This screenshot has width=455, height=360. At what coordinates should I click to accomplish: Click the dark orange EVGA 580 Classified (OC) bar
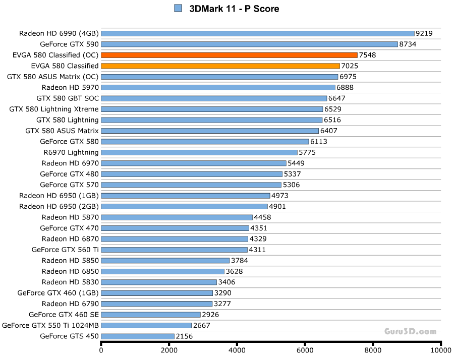pos(229,55)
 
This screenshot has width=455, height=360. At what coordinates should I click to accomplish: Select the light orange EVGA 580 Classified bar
pos(220,66)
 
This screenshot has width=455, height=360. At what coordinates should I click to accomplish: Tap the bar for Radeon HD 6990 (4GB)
pos(257,33)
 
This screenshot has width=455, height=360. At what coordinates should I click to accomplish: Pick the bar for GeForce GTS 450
pos(138,336)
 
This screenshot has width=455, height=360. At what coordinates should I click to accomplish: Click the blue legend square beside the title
pos(178,8)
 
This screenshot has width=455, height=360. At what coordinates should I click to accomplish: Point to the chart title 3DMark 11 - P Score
pos(234,9)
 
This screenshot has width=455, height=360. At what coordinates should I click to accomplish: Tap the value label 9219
pos(424,34)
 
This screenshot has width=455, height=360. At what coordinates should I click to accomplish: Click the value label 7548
pos(367,55)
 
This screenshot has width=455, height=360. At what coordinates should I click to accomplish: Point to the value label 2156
pos(185,336)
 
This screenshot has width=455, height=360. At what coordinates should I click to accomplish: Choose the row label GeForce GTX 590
pos(69,44)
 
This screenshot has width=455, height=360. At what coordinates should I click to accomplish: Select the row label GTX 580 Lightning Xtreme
pos(54,109)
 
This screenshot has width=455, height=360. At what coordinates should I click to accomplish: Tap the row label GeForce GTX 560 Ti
pos(65,250)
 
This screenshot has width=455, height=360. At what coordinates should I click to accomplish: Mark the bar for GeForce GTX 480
pos(191,174)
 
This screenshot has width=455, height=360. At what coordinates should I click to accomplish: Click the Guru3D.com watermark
pos(410,331)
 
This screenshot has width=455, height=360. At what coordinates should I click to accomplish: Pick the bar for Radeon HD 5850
pos(165,261)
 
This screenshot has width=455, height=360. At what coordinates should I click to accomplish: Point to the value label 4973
pos(280,196)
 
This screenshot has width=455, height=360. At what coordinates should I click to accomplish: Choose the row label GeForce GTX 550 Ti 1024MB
pos(50,325)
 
